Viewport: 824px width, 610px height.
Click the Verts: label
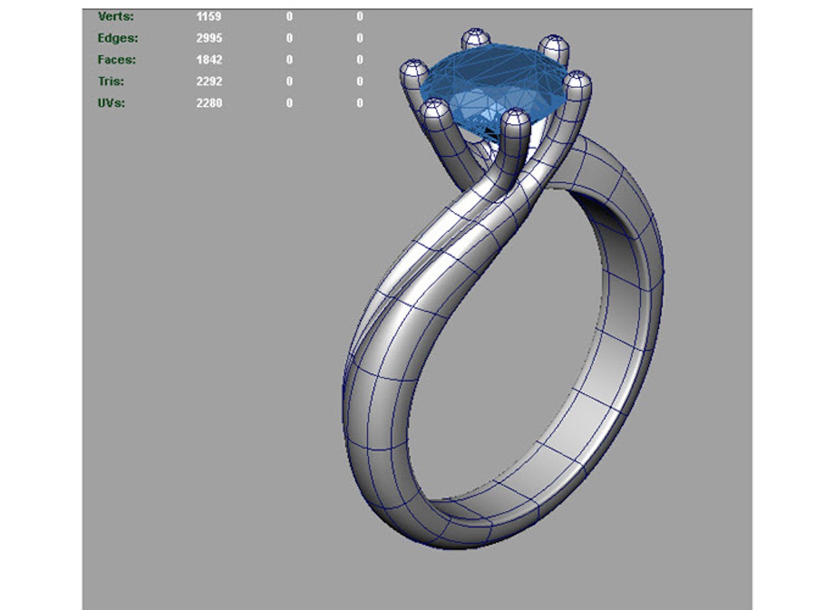pyautogui.click(x=116, y=16)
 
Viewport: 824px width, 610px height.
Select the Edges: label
pyautogui.click(x=117, y=38)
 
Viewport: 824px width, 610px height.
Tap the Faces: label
pyautogui.click(x=116, y=59)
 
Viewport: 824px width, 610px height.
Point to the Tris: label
pyautogui.click(x=111, y=81)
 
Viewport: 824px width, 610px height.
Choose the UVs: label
pyautogui.click(x=111, y=103)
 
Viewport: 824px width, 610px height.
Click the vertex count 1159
pyautogui.click(x=208, y=16)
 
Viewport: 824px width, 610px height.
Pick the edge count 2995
pyautogui.click(x=209, y=38)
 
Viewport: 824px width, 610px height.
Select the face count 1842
pyautogui.click(x=209, y=59)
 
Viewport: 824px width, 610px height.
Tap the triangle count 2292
pyautogui.click(x=209, y=81)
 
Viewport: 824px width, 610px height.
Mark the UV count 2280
pyautogui.click(x=209, y=103)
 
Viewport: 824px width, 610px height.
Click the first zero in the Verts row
pyautogui.click(x=289, y=16)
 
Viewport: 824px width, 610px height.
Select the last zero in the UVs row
pyautogui.click(x=360, y=103)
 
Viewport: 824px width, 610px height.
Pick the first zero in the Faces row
pyautogui.click(x=289, y=59)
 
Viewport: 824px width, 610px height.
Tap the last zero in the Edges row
pyautogui.click(x=360, y=38)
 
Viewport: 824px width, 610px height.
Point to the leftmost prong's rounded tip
pyautogui.click(x=415, y=68)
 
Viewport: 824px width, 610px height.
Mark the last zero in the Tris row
pyautogui.click(x=360, y=81)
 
